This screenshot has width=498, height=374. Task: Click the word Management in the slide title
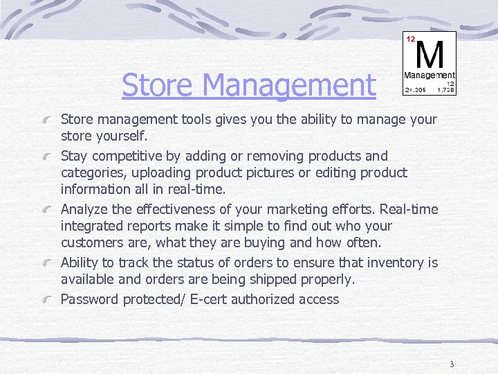click(x=290, y=86)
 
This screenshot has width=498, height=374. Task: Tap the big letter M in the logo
click(x=430, y=53)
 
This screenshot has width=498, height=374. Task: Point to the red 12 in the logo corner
click(x=410, y=39)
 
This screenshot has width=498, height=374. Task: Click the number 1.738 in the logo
click(x=445, y=90)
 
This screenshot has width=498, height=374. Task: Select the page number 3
click(x=451, y=364)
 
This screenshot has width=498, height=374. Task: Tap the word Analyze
click(x=86, y=209)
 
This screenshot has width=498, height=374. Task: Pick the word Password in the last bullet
click(x=90, y=299)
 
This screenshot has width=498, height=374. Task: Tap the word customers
click(x=92, y=242)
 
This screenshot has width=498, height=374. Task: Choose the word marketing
click(x=309, y=209)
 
